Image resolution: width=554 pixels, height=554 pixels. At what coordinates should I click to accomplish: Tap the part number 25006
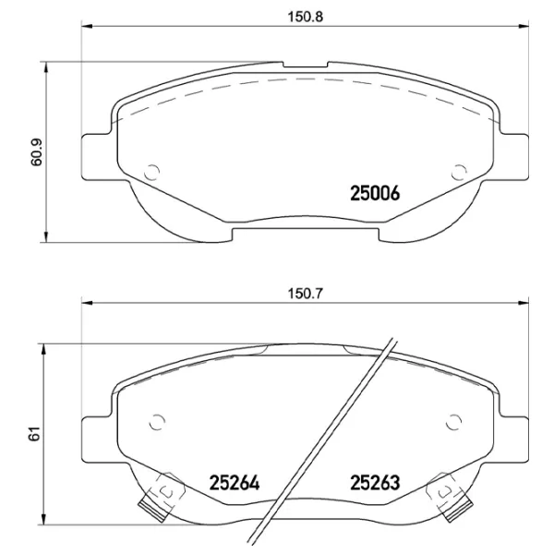click(x=374, y=193)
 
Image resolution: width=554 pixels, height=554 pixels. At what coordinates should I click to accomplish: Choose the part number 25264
click(x=233, y=482)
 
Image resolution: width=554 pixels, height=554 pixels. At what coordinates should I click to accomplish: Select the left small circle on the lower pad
click(x=158, y=421)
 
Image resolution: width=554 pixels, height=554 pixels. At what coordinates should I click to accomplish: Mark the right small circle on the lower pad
click(x=452, y=421)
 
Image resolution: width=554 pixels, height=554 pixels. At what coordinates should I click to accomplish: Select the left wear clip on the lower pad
click(x=157, y=494)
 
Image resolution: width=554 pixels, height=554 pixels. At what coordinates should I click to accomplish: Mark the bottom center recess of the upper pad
click(x=305, y=224)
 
